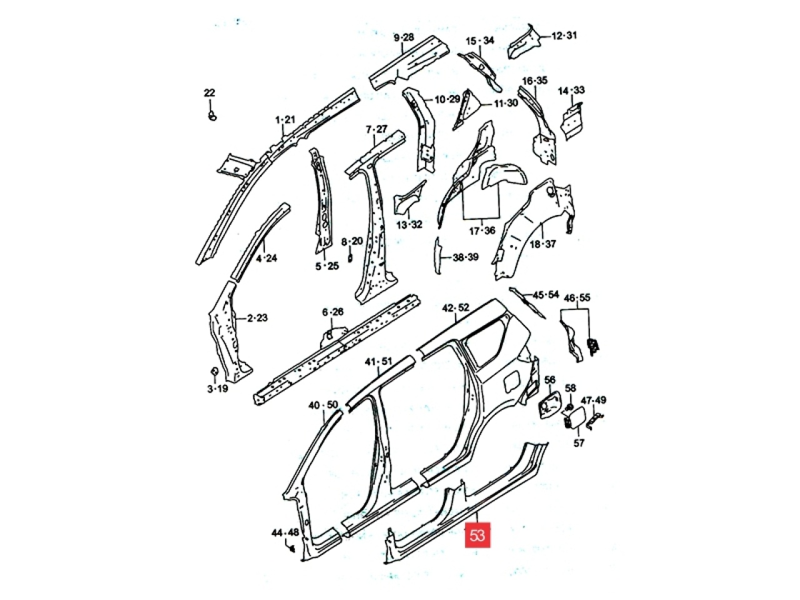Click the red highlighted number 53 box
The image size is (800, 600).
[477, 535]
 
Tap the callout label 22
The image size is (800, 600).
[209, 93]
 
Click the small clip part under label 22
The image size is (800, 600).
[212, 116]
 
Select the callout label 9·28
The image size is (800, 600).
[404, 37]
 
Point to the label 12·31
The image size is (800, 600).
[564, 36]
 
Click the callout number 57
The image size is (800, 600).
[579, 443]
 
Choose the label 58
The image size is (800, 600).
[571, 388]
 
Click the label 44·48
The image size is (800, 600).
[285, 533]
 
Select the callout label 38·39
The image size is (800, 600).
[466, 257]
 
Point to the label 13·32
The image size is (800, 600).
[409, 225]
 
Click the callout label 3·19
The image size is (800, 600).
[217, 389]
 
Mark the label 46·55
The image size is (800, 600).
[577, 298]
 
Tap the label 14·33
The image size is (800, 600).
[571, 90]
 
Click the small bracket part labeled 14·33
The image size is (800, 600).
[572, 122]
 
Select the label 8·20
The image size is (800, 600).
[352, 241]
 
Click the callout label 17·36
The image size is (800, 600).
[482, 231]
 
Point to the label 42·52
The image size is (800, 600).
[456, 308]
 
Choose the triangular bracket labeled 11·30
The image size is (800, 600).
[464, 109]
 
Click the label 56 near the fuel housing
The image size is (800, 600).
[549, 380]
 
